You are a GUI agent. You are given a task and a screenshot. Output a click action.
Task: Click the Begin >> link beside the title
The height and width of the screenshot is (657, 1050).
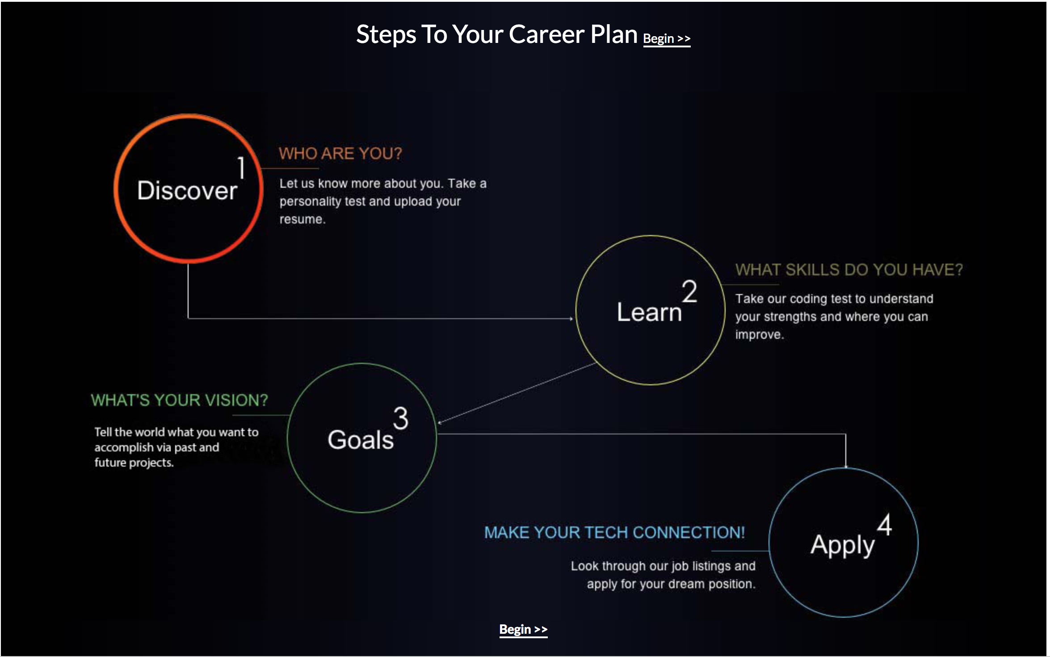[x=667, y=39]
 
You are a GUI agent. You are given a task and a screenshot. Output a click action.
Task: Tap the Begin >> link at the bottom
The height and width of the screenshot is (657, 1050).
[x=523, y=629]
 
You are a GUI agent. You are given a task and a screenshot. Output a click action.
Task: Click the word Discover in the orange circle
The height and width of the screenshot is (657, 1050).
[x=187, y=191]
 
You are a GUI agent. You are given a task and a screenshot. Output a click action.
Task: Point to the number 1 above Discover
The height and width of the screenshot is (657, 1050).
[x=241, y=168]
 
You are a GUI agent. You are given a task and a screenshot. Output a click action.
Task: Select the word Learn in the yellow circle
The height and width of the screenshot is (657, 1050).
[x=649, y=312]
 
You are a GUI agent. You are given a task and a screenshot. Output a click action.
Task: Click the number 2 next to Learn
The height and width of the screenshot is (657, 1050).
[x=689, y=291]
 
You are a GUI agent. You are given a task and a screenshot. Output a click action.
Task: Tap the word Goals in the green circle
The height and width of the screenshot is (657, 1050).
[x=361, y=440]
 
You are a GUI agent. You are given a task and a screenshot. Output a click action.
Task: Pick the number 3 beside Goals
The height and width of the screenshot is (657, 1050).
[x=401, y=418]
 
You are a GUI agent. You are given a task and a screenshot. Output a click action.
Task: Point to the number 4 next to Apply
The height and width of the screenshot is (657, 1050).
[x=884, y=524]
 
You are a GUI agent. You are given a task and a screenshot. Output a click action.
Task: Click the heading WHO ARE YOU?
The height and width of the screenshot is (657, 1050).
[x=340, y=154]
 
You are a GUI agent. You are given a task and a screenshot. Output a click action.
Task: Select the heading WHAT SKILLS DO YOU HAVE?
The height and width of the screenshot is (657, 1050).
[x=849, y=270]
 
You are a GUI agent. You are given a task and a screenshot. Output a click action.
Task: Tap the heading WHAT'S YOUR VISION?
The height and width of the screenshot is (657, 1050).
[x=179, y=400]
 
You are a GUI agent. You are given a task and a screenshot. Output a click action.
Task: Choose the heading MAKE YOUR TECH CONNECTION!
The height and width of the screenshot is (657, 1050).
[x=615, y=533]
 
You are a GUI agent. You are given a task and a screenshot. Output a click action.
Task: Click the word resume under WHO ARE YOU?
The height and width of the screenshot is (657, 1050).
[x=301, y=219]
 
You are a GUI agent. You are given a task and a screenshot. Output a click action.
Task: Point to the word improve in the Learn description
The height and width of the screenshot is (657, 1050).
[x=758, y=335]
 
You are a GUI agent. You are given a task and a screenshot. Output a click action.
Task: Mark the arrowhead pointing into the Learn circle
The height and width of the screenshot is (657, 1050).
[x=571, y=319]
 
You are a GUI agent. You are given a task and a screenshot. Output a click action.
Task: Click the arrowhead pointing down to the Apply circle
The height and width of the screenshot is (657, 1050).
[x=846, y=466]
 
